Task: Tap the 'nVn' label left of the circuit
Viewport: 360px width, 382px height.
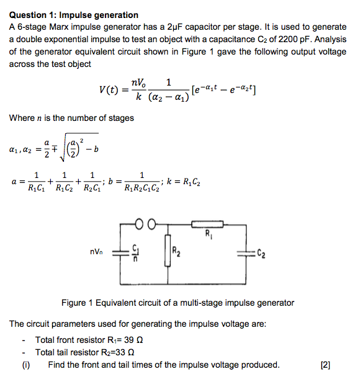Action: pyautogui.click(x=99, y=252)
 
